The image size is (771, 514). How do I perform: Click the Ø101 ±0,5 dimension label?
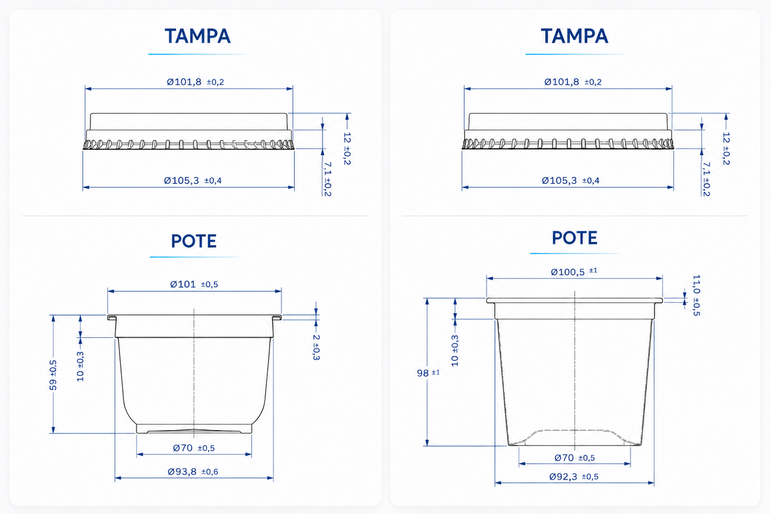(x=194, y=284)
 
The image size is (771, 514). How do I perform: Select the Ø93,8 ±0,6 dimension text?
(x=193, y=471)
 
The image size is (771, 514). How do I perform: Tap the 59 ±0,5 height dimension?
(x=53, y=375)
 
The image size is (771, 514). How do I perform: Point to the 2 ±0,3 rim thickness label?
(x=316, y=347)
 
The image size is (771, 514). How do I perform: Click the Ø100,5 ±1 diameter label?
(x=574, y=272)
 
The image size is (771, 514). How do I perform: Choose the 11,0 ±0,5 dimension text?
(x=696, y=295)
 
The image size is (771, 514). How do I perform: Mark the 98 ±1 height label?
(x=428, y=373)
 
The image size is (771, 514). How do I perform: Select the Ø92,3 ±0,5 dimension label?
(x=574, y=476)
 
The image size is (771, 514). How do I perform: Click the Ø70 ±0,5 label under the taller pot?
(x=575, y=458)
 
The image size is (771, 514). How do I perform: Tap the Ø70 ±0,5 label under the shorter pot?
(x=193, y=448)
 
